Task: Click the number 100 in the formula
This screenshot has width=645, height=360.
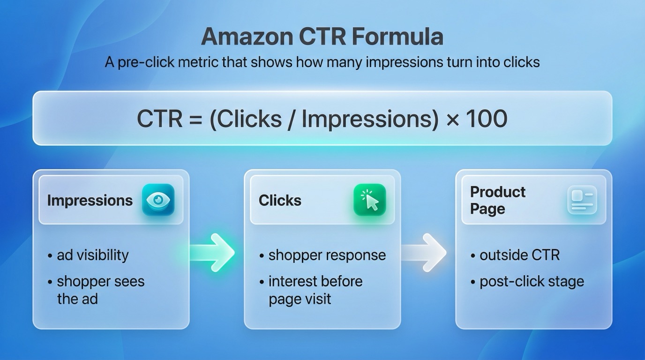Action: [487, 119]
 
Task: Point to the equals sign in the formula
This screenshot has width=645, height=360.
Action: [195, 120]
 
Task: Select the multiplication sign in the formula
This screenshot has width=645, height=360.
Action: [452, 120]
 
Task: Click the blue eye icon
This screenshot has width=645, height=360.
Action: [158, 200]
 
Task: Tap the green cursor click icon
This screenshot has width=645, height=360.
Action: [369, 200]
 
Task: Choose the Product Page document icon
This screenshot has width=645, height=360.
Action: [582, 200]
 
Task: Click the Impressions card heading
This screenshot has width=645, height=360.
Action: [90, 201]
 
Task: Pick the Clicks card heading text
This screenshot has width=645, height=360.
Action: [280, 201]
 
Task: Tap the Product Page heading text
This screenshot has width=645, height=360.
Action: [497, 200]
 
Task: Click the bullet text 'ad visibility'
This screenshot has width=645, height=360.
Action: [92, 255]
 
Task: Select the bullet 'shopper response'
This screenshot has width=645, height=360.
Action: [327, 255]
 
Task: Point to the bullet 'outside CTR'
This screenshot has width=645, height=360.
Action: [519, 255]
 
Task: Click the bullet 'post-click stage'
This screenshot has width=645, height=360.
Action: [532, 282]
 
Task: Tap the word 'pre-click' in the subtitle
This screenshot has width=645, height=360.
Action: [140, 62]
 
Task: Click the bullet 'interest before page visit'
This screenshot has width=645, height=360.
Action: [315, 290]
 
